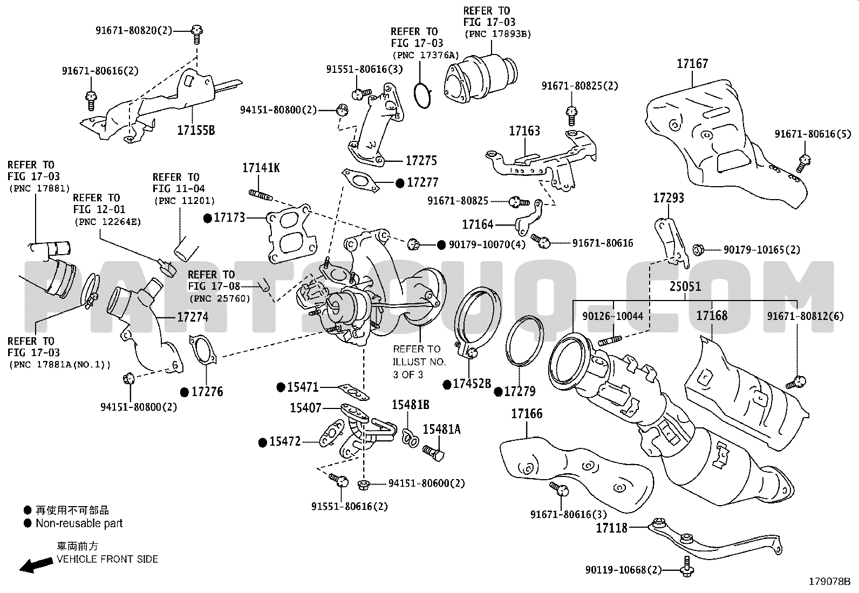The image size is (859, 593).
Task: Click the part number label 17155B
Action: [196, 130]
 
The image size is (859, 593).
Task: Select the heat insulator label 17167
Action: [692, 64]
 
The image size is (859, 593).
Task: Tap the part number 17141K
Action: [261, 168]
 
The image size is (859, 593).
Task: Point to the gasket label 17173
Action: [229, 217]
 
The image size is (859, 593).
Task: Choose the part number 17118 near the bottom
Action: [612, 528]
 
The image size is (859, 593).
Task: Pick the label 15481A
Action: [441, 429]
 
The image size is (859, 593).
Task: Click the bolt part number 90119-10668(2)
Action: [623, 569]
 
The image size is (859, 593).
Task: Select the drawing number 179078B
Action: [829, 582]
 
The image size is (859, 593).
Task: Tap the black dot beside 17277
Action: [400, 183]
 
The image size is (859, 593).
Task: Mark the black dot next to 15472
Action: [263, 442]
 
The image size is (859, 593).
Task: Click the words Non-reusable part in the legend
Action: [79, 523]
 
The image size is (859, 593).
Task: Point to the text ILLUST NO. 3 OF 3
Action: [417, 367]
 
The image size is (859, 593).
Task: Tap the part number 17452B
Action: [472, 384]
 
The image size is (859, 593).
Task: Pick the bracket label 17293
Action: [669, 198]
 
